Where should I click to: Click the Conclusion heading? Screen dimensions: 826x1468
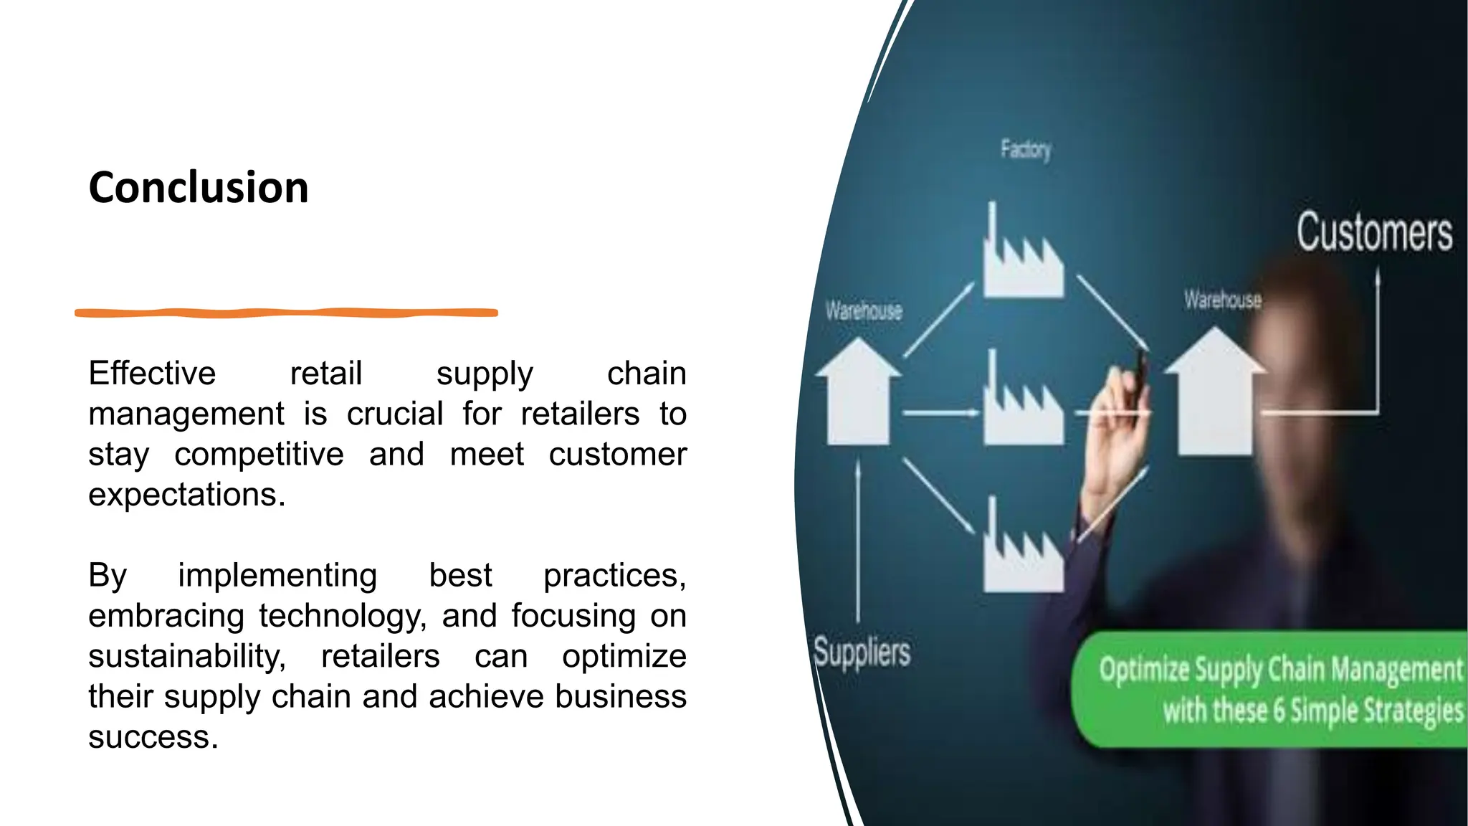(x=199, y=188)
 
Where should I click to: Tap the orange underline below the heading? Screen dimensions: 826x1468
(x=286, y=313)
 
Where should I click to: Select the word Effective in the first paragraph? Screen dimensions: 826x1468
(x=152, y=374)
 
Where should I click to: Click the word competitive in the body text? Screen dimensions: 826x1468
(x=259, y=455)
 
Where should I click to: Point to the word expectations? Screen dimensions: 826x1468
(x=186, y=495)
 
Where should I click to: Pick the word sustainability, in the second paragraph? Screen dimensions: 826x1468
(x=186, y=657)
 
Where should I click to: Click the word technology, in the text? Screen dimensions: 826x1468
(x=342, y=616)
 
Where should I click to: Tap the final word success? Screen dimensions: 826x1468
(x=153, y=737)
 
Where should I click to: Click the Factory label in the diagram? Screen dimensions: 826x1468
(x=1026, y=150)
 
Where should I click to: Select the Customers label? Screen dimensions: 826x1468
(x=1374, y=232)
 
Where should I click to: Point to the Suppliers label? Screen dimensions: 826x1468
(x=862, y=652)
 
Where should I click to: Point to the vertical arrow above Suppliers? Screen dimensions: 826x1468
(x=858, y=538)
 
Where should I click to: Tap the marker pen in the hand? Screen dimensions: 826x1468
(x=1141, y=366)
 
